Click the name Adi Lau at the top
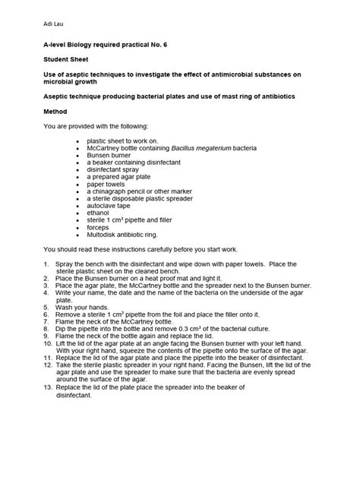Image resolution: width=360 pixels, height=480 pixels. (x=51, y=24)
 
